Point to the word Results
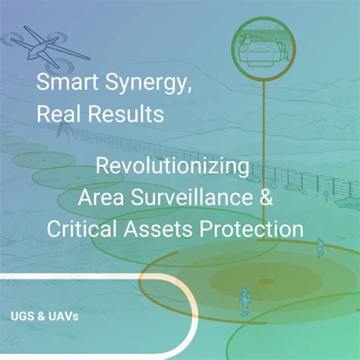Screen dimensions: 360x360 pyautogui.click(x=126, y=115)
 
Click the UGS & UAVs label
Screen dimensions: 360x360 pyautogui.click(x=45, y=314)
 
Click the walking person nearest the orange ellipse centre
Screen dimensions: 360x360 pyautogui.click(x=245, y=299)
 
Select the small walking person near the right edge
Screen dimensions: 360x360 pyautogui.click(x=320, y=246)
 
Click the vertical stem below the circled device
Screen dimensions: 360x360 pyautogui.click(x=263, y=152)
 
